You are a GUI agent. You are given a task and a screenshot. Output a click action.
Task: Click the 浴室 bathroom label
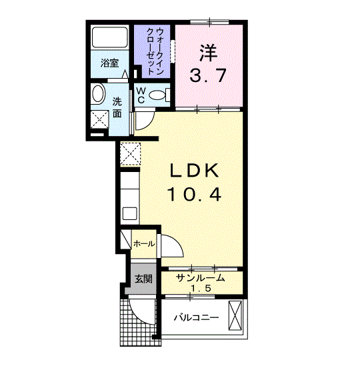click(x=109, y=63)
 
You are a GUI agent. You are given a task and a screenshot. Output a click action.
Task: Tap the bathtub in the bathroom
click(x=110, y=37)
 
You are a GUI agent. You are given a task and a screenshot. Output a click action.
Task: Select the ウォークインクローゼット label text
click(x=155, y=51)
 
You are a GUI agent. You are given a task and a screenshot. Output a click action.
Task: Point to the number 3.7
click(x=208, y=75)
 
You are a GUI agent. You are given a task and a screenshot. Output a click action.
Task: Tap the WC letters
click(x=141, y=95)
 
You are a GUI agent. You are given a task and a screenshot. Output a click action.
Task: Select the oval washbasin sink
click(x=98, y=94)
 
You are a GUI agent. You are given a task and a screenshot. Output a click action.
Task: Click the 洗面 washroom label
click(x=117, y=108)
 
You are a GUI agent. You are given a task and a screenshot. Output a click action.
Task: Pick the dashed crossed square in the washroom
click(x=99, y=119)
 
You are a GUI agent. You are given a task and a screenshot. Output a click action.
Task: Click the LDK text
click(x=194, y=170)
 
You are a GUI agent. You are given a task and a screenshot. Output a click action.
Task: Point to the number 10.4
click(x=194, y=194)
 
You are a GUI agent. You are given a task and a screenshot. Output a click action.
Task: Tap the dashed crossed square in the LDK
click(x=130, y=154)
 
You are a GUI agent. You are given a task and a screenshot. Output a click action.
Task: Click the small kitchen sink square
click(x=130, y=213)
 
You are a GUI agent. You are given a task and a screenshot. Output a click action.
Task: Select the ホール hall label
click(x=144, y=244)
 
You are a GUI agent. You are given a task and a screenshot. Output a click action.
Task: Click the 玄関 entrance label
click(x=143, y=279)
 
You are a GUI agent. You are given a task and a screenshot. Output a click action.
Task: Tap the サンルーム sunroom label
click(x=201, y=278)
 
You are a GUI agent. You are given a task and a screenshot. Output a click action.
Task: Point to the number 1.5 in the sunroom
click(x=201, y=289)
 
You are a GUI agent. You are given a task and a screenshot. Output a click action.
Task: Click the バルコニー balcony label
click(x=197, y=318)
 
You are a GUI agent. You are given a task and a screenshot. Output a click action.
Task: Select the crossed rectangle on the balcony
click(x=235, y=315)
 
